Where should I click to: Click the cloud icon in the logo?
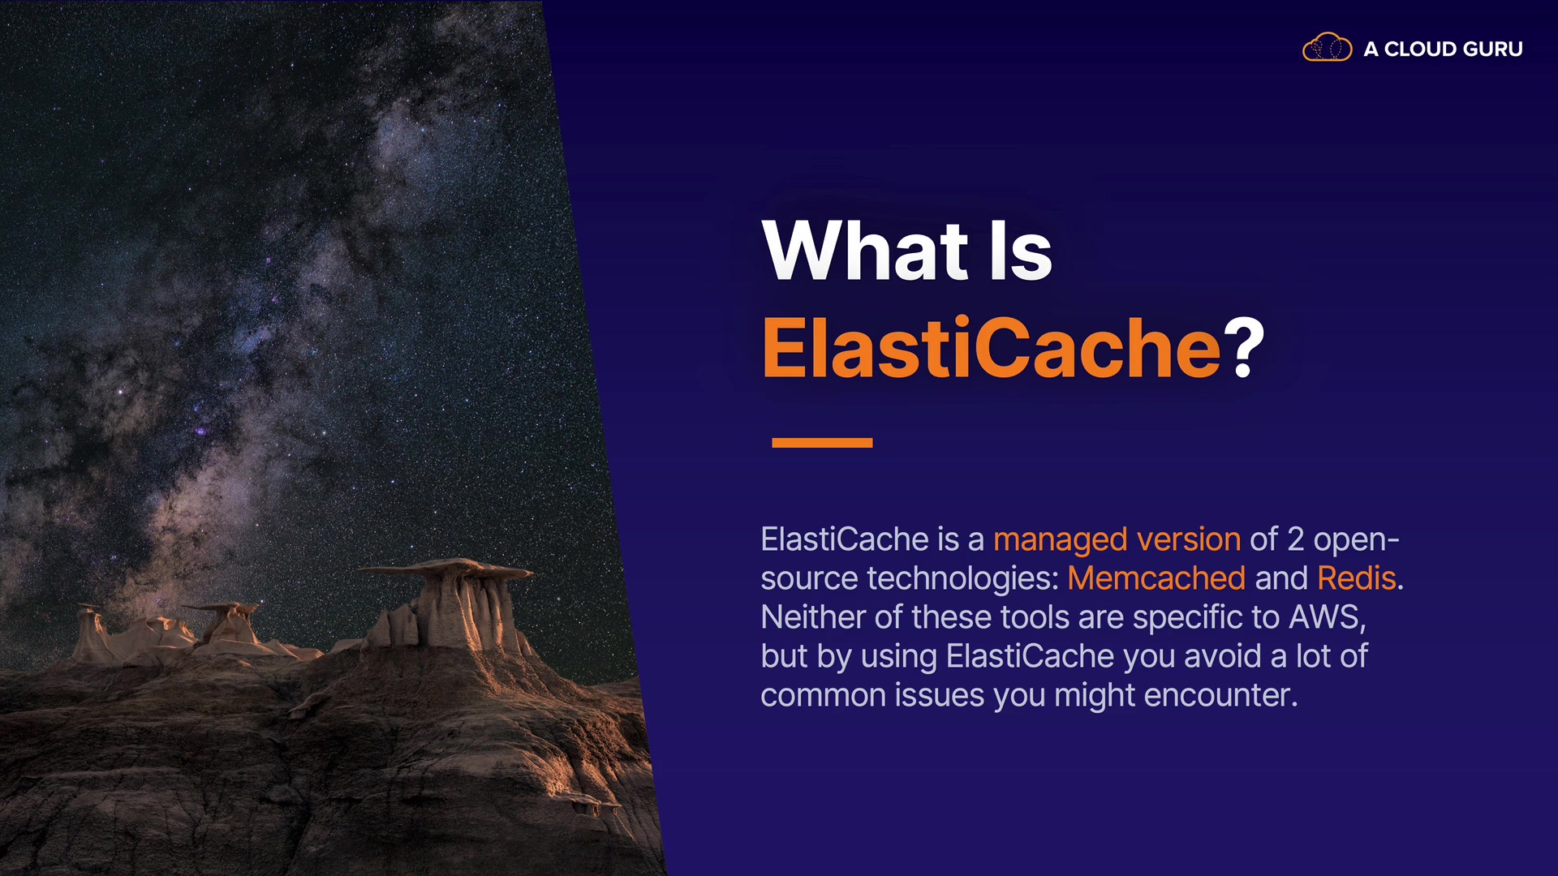coord(1327,48)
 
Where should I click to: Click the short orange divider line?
coord(822,443)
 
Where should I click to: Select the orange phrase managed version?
coord(1117,539)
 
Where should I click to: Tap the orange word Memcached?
coord(1156,578)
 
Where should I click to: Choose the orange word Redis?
coord(1357,578)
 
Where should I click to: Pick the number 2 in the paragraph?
coord(1296,539)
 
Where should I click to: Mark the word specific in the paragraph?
coord(1190,618)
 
